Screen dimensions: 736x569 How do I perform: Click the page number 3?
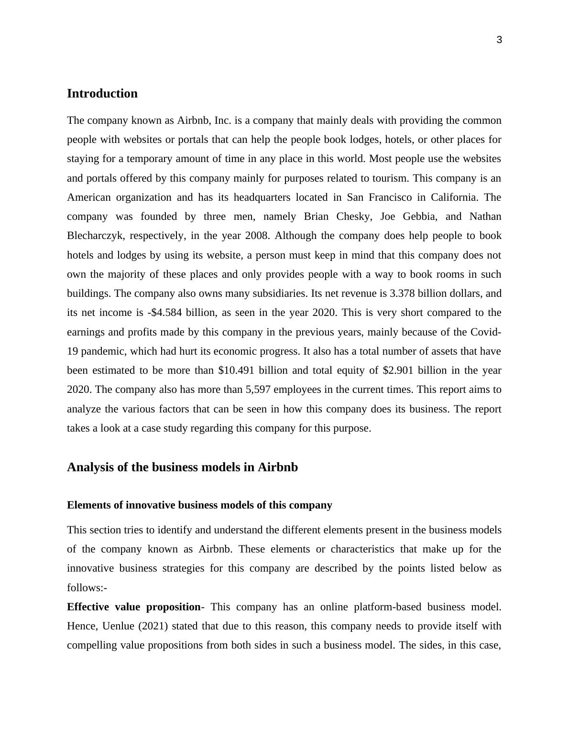(499, 40)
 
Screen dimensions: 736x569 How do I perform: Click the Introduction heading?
(102, 94)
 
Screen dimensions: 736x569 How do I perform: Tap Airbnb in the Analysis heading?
(278, 467)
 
